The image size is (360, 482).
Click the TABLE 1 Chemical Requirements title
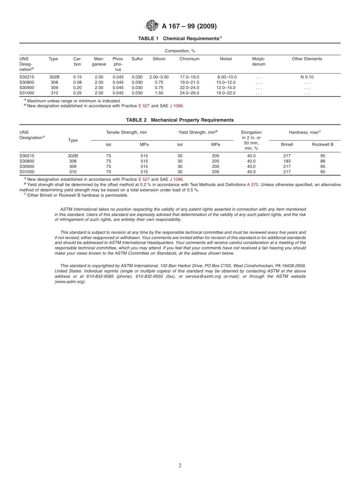(180, 39)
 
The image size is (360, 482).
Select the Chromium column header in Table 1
(189, 59)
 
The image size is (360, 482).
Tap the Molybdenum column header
(259, 62)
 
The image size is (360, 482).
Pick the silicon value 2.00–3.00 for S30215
(159, 77)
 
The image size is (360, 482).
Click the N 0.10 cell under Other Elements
(307, 77)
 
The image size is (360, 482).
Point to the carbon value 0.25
(77, 93)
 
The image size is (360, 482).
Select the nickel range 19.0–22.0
(226, 93)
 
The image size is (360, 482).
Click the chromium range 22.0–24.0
(189, 88)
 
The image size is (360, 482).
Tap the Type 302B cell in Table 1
(54, 77)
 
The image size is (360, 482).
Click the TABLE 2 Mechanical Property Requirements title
(180, 120)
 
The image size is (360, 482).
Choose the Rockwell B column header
(322, 144)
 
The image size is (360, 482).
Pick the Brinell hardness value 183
(287, 161)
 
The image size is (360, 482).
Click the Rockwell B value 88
(322, 161)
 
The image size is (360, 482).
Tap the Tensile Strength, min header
(126, 132)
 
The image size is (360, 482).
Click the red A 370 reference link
(253, 185)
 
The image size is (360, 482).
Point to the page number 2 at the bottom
(180, 466)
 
